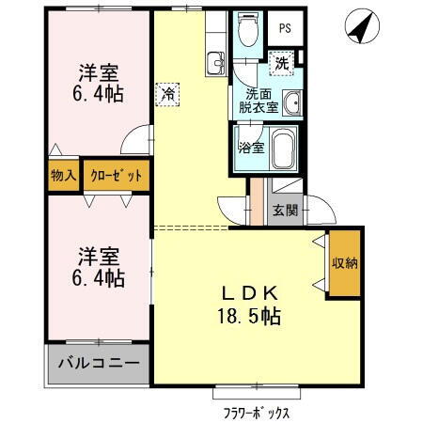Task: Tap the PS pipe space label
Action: tap(283, 27)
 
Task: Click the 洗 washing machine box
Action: tap(281, 64)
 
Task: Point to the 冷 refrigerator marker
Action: tap(167, 93)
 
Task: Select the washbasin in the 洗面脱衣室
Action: tap(292, 102)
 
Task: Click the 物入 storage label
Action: tap(62, 176)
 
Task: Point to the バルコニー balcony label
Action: tap(98, 363)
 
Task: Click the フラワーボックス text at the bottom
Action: tap(256, 412)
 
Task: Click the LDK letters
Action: tap(250, 293)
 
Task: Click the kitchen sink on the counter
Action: tap(215, 64)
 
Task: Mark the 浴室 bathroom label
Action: tap(249, 147)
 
